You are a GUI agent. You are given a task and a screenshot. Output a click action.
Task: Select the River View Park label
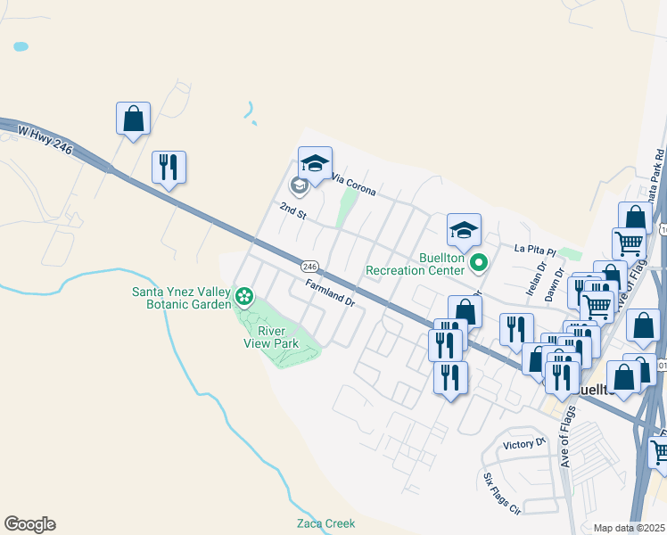coord(272,336)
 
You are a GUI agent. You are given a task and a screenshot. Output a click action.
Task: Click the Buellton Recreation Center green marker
coord(479,262)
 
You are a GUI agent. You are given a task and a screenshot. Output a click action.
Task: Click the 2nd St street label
coord(292,211)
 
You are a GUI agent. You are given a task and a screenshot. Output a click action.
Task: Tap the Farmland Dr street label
coord(330,294)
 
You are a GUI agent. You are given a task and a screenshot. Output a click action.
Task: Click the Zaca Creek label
coord(325,523)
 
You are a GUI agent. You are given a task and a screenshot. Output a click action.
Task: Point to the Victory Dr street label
coord(523,443)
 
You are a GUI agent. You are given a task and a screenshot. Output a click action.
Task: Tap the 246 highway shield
coord(309,267)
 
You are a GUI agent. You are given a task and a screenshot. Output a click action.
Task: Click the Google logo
coord(29,524)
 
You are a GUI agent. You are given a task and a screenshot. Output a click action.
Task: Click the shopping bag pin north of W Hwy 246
coord(133,119)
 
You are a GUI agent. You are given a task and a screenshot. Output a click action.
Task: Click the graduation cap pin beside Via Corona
coord(315,162)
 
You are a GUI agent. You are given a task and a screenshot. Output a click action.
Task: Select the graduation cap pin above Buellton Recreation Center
coord(464,230)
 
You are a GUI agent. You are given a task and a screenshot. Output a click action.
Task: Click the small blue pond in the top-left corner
coord(21,45)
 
